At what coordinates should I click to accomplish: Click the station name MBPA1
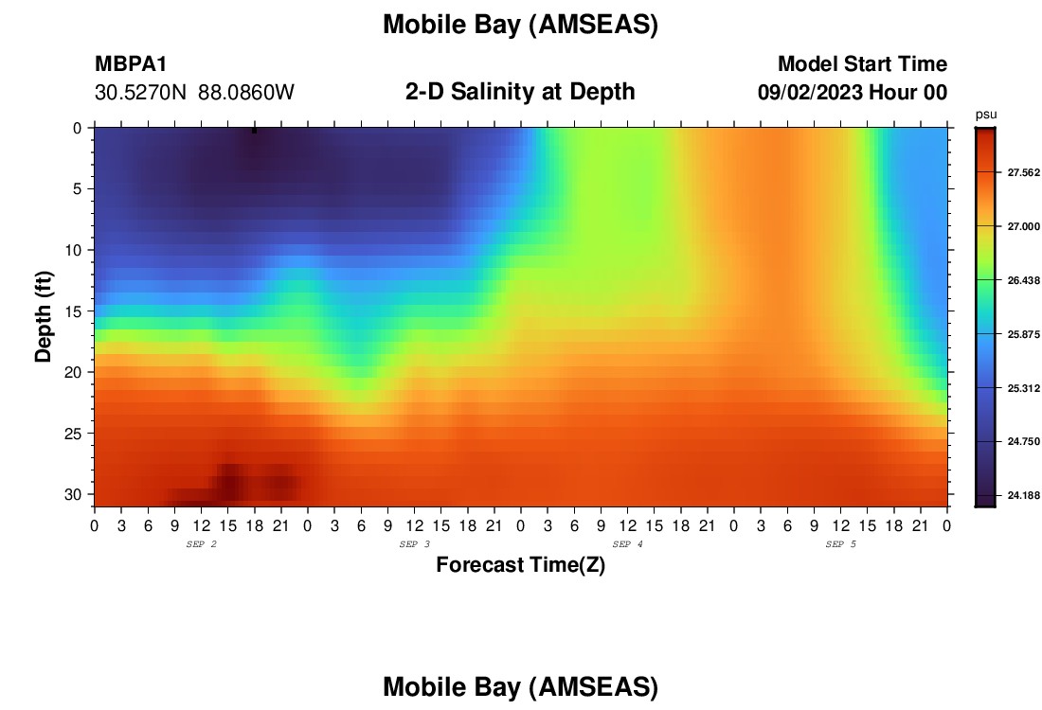[x=131, y=63]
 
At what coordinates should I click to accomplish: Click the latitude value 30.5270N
[x=141, y=93]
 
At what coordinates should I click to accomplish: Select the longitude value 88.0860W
[x=246, y=93]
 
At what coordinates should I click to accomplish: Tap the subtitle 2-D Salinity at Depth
[x=520, y=92]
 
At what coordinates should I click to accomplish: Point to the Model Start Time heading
[x=863, y=63]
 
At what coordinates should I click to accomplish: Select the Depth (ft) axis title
[x=44, y=317]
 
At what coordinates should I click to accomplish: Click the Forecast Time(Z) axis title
[x=520, y=564]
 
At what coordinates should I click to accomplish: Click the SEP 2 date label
[x=202, y=544]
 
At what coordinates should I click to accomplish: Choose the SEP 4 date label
[x=627, y=544]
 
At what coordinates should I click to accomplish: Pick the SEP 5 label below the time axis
[x=840, y=544]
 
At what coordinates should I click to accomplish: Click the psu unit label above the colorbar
[x=986, y=115]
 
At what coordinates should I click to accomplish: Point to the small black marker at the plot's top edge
[x=255, y=131]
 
